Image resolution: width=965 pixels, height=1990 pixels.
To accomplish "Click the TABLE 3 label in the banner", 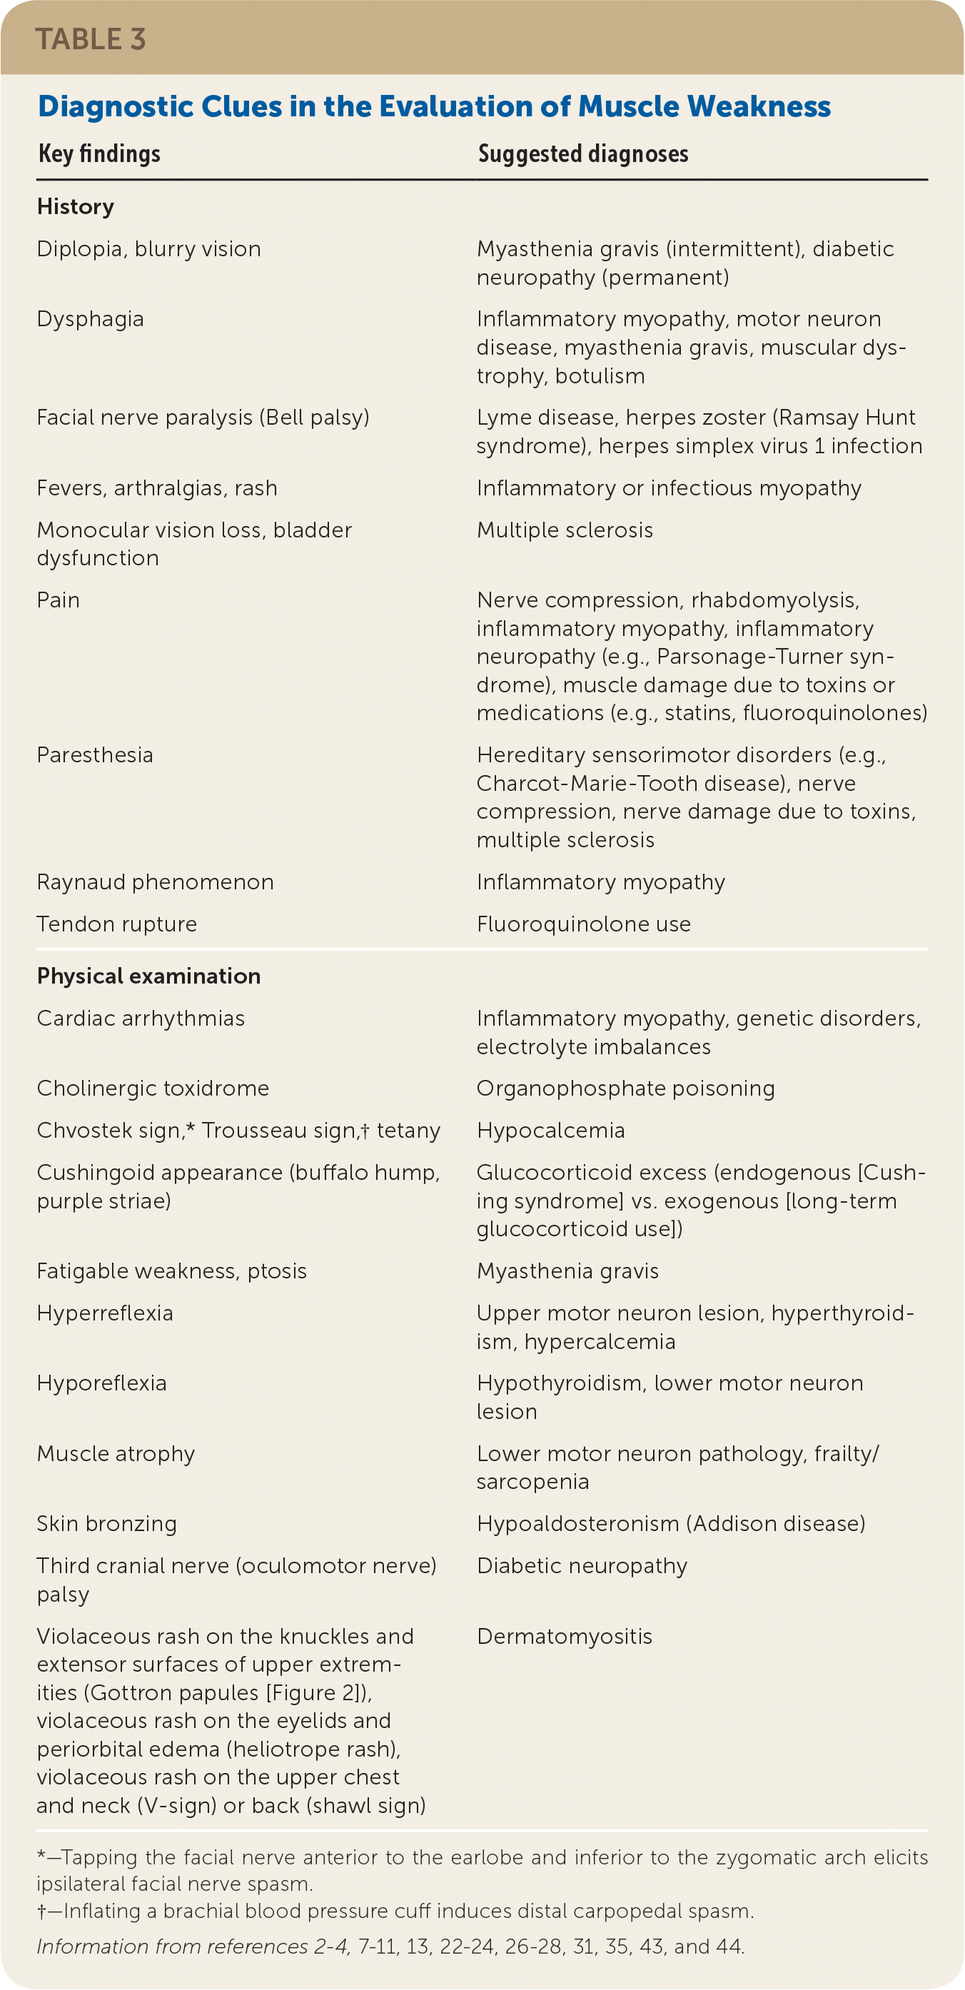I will [x=91, y=39].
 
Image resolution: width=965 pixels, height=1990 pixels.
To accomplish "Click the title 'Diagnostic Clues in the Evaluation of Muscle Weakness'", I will [x=433, y=106].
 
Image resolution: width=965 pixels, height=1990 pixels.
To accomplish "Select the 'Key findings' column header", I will [x=99, y=153].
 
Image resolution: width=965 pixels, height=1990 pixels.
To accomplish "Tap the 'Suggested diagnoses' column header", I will [x=582, y=153].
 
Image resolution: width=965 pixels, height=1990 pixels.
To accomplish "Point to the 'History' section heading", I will [x=76, y=206].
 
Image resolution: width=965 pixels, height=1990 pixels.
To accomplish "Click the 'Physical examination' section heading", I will [x=148, y=976].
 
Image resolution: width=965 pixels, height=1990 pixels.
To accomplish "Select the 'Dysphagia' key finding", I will [x=91, y=319].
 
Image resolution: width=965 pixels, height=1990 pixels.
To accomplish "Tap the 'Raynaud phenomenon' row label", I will [x=154, y=882].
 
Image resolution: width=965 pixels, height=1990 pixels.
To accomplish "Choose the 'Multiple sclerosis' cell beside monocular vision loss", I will [x=564, y=530].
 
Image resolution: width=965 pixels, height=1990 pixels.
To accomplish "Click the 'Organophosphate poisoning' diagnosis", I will [x=625, y=1088].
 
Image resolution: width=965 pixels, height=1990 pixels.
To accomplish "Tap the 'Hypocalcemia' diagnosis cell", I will [x=550, y=1130].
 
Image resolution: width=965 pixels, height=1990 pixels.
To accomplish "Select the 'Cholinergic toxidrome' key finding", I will [x=153, y=1088].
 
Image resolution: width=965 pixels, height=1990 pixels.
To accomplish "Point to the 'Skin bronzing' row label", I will [x=106, y=1523].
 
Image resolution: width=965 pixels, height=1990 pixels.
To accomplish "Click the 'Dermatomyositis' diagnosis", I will [x=564, y=1636].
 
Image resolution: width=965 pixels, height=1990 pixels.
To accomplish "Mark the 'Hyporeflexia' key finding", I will [x=101, y=1383].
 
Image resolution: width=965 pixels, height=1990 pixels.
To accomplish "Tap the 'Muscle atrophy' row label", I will [x=116, y=1453].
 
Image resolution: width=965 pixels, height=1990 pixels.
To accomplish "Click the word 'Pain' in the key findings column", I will [x=58, y=600].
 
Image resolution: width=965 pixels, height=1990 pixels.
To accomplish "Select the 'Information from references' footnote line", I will [x=390, y=1946].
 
